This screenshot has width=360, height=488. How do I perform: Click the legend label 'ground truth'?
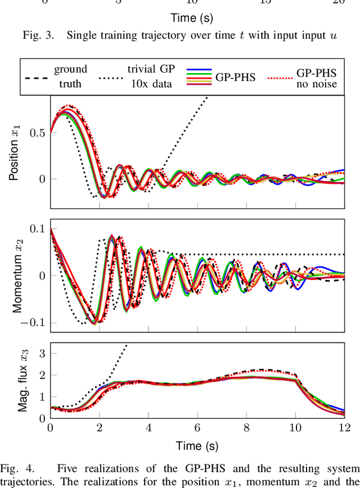coord(70,76)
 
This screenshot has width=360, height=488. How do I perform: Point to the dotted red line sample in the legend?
coord(280,76)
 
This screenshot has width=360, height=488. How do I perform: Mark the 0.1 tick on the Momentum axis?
coord(37,228)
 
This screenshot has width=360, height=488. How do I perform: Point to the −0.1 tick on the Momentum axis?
coord(33,323)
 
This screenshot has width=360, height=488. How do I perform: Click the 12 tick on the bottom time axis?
coord(343,428)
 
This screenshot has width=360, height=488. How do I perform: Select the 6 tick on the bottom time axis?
coord(197,428)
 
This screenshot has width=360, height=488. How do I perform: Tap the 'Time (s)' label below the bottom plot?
coord(197,446)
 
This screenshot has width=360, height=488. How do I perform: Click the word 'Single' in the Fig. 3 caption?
coord(83,35)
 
